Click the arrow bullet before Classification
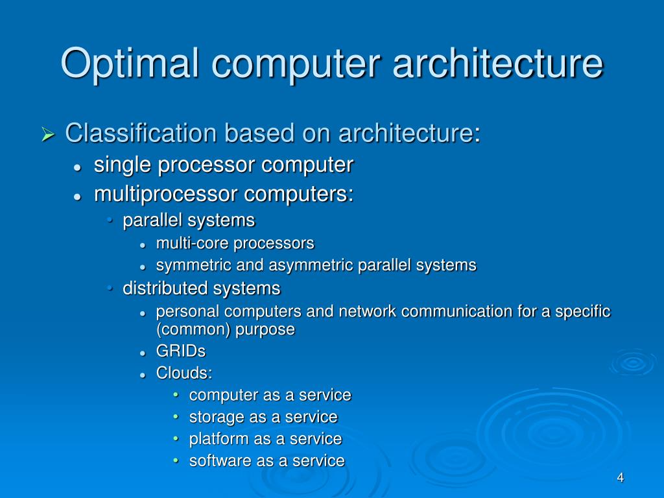47,134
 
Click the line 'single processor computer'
223,165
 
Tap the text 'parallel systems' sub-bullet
189,220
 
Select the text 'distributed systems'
202,288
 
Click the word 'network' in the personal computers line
366,312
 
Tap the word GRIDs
181,351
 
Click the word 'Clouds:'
184,373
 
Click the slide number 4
620,478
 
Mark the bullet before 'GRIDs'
143,353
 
